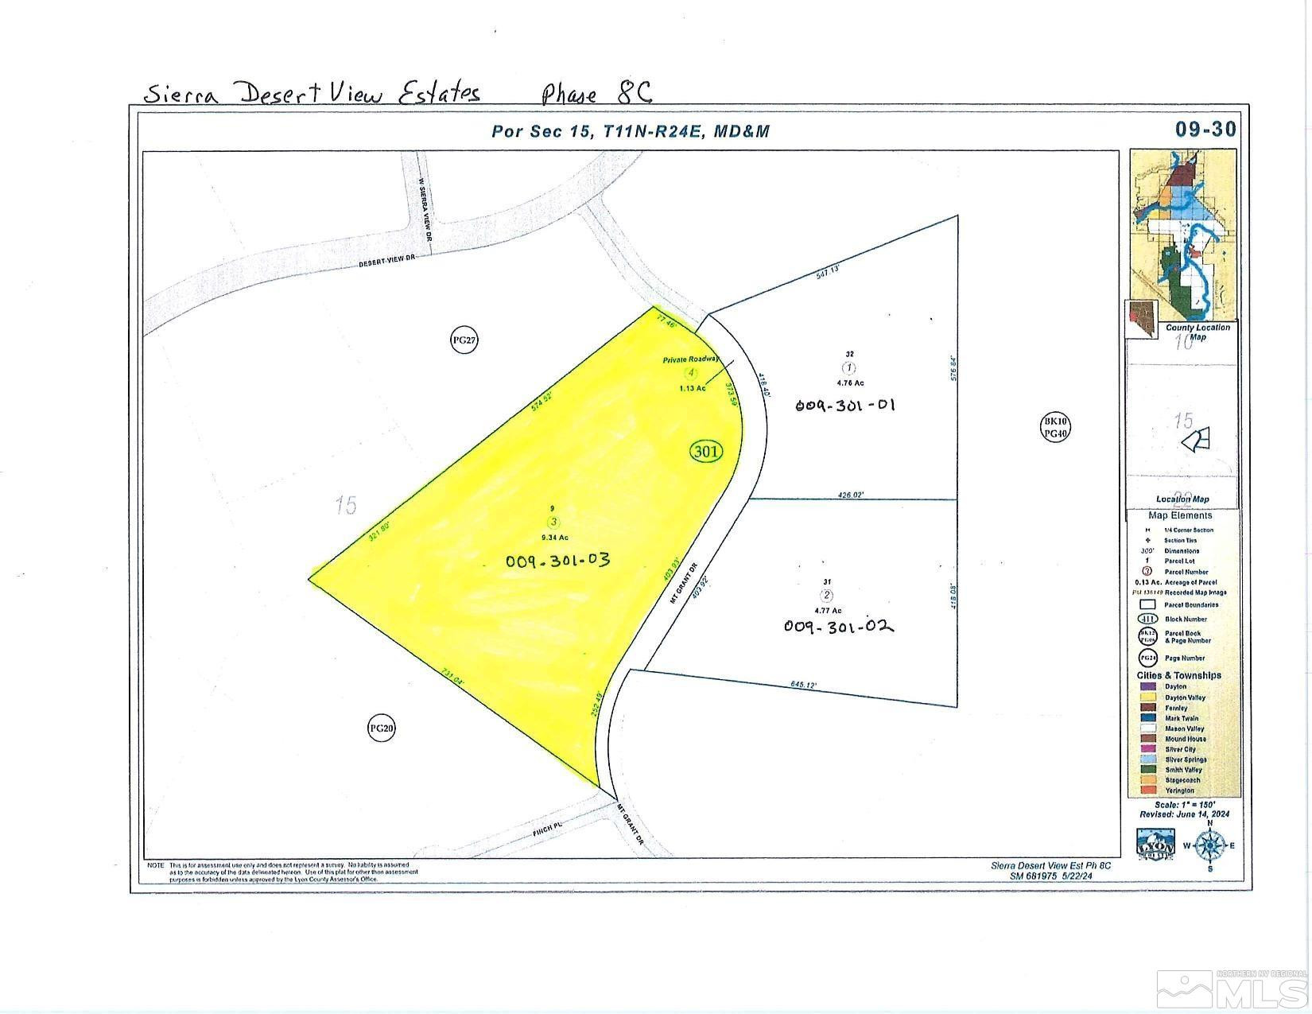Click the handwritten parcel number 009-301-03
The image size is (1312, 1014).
pos(557,560)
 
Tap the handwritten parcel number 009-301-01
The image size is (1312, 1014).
pos(845,405)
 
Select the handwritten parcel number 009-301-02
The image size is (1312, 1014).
pos(839,627)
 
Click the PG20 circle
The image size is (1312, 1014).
pos(382,728)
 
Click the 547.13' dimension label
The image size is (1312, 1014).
pos(828,274)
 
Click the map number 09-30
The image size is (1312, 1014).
pos(1205,129)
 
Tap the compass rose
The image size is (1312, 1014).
pos(1209,845)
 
